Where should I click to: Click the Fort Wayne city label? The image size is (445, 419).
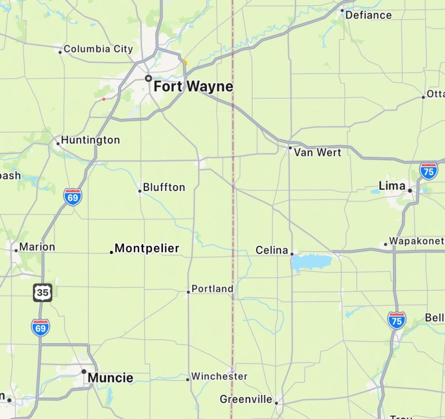[193, 87]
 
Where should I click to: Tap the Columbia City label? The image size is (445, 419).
[98, 49]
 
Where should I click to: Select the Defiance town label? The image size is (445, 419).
[369, 15]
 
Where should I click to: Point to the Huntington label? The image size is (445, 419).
[90, 140]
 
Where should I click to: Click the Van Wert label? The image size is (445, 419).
[318, 152]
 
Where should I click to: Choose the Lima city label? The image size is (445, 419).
[392, 186]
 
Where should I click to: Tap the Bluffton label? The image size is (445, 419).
[164, 187]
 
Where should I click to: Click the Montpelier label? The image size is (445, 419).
[147, 249]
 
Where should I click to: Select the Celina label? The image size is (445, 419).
[272, 251]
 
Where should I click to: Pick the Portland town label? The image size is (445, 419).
[213, 289]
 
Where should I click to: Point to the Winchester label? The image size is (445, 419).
[220, 376]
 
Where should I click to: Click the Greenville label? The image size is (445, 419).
[246, 399]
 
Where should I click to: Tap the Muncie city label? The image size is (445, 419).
[110, 378]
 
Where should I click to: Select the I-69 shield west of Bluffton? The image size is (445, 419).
[73, 197]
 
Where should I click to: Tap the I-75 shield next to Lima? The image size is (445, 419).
[429, 171]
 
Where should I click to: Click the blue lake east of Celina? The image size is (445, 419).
[311, 262]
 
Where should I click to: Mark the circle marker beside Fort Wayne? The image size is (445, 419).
[148, 78]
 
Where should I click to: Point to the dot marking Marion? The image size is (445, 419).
[16, 250]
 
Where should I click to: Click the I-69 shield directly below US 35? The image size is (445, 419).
[41, 328]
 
